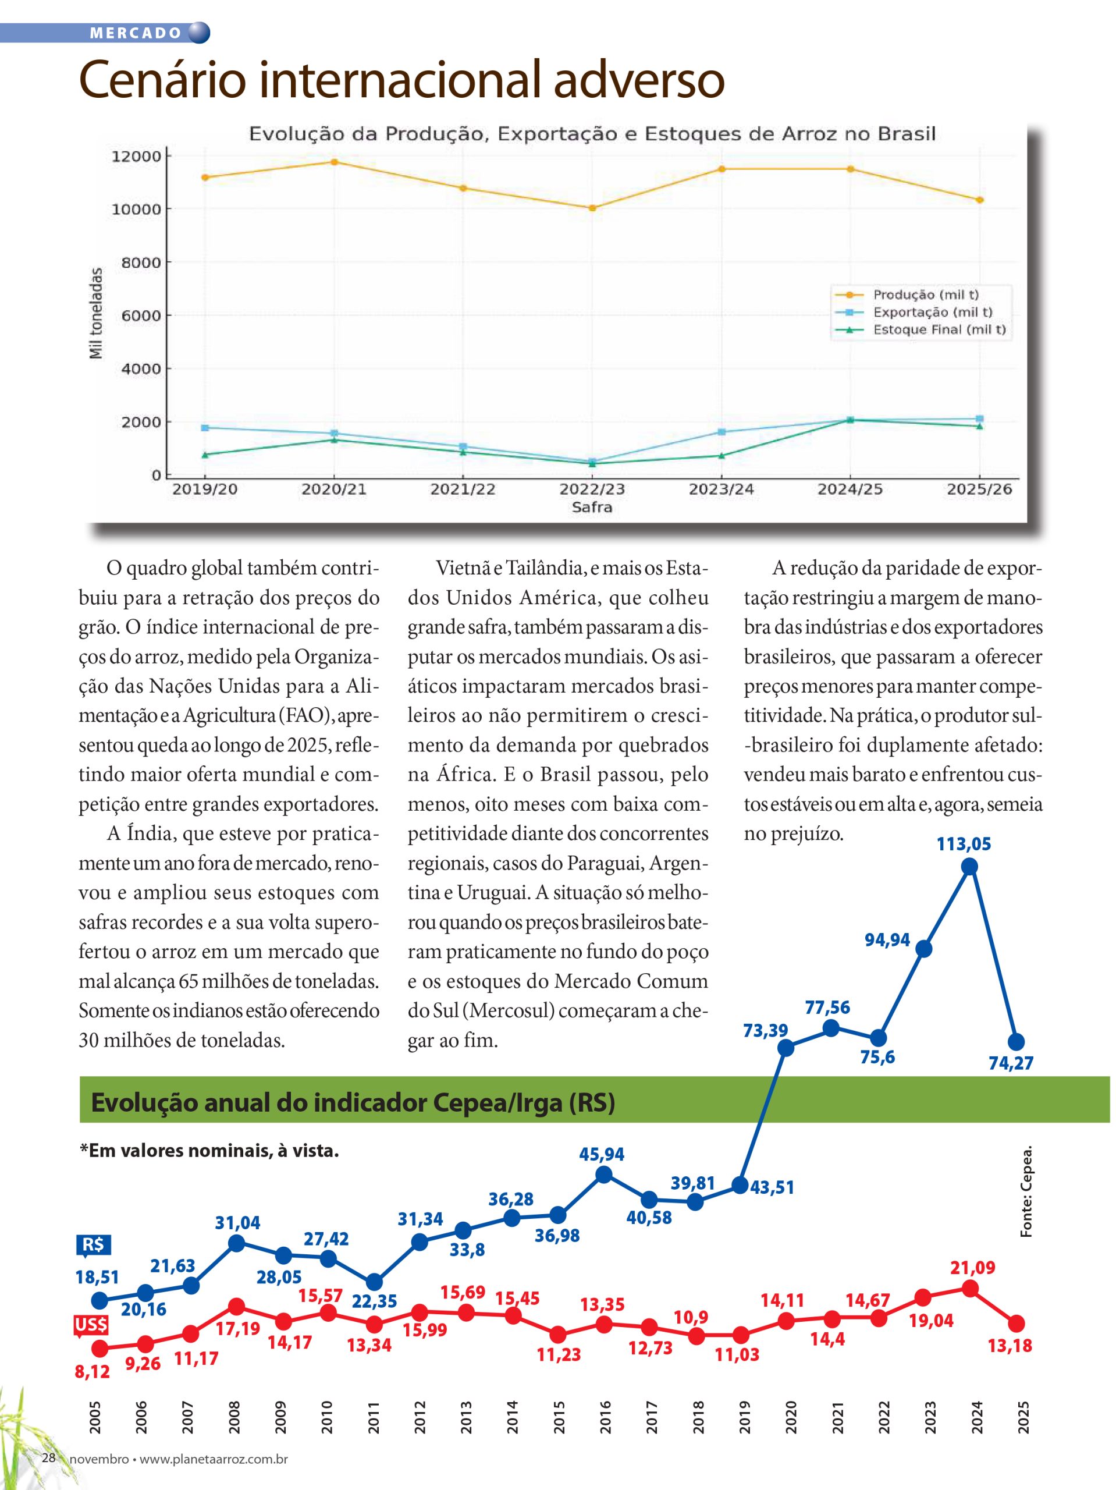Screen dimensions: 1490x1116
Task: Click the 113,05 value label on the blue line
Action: coord(963,844)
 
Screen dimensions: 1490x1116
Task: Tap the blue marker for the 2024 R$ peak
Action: coord(969,867)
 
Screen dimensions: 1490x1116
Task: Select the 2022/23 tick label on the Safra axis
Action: coord(591,489)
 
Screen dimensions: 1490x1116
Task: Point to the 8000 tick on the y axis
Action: coord(141,262)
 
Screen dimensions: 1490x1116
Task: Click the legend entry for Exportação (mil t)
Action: coord(932,312)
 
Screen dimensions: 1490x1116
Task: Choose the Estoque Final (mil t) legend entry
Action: coord(939,329)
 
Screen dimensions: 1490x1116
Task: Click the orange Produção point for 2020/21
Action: coord(334,162)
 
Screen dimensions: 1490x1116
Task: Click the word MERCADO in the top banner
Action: coord(136,33)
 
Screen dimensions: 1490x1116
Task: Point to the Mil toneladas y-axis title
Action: coord(97,313)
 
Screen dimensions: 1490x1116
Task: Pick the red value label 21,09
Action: coord(972,1268)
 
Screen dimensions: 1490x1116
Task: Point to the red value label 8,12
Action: coord(91,1371)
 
